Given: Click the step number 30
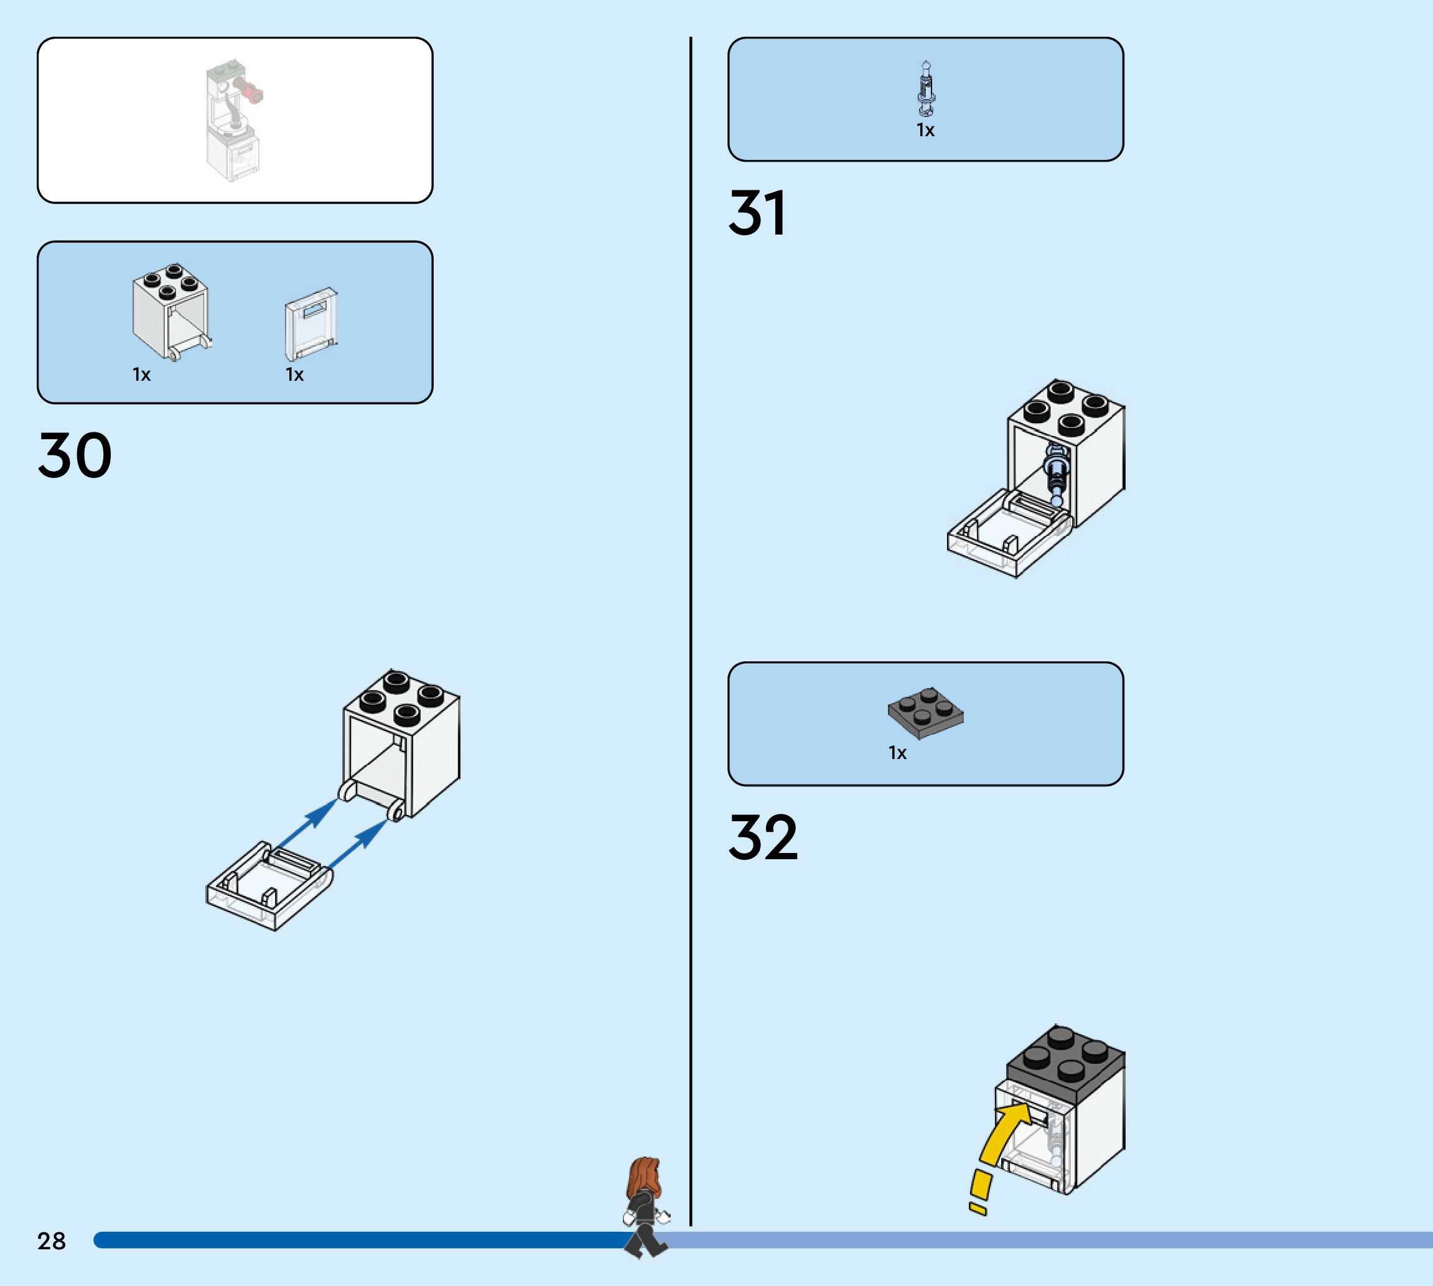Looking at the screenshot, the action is (74, 456).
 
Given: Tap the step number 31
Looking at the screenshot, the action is (757, 213).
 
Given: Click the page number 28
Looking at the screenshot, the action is (51, 1241).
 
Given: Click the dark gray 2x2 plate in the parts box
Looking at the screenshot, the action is (926, 712).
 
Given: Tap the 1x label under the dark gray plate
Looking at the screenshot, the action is (897, 753).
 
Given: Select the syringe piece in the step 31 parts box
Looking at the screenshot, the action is (926, 88).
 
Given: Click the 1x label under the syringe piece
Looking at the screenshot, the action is (926, 130).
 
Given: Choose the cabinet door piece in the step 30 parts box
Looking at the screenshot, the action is (311, 324).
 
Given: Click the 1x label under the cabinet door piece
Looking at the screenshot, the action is (295, 375).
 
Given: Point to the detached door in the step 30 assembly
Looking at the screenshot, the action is (269, 885).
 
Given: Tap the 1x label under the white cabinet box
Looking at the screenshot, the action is (141, 375).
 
